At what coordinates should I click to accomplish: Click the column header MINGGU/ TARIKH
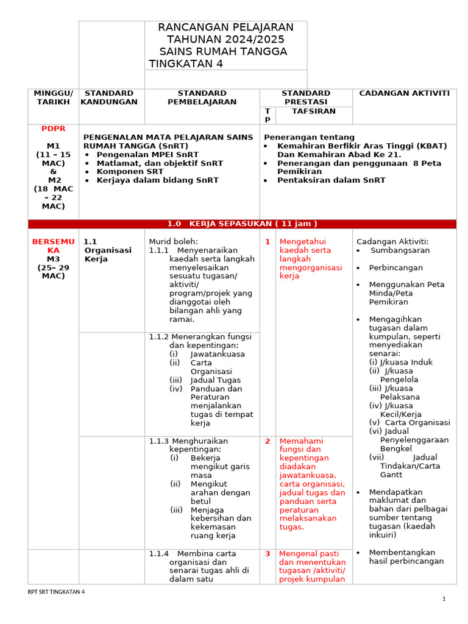(53, 97)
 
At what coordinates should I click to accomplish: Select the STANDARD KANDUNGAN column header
(110, 97)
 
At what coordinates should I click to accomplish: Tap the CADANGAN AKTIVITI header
(404, 93)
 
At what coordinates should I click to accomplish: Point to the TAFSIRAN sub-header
(313, 111)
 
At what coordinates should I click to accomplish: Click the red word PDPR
(53, 129)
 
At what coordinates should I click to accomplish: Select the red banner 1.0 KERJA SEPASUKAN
(242, 224)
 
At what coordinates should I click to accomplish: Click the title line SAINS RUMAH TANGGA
(223, 52)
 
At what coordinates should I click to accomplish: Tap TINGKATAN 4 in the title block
(186, 64)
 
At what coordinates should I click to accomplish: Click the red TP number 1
(267, 242)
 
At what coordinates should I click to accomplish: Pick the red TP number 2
(267, 441)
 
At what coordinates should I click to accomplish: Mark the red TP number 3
(267, 554)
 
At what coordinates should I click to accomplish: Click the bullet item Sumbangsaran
(400, 250)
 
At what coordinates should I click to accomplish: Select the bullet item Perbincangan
(395, 268)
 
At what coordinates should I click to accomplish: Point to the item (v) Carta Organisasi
(409, 422)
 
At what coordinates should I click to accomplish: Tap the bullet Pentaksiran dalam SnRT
(331, 180)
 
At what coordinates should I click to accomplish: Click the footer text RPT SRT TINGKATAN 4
(57, 592)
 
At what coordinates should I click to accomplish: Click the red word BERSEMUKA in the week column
(53, 246)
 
